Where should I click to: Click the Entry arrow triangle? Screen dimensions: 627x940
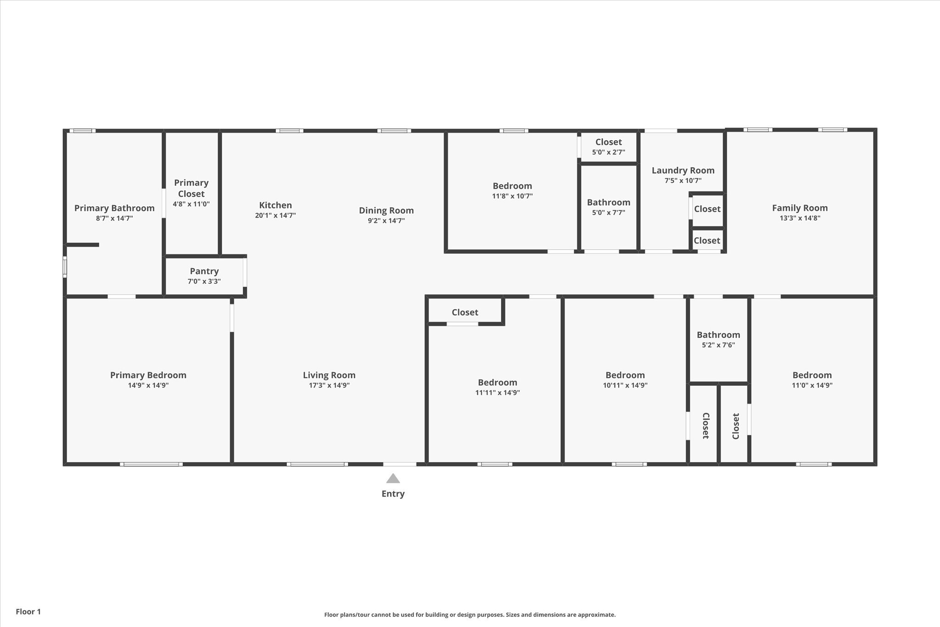pyautogui.click(x=393, y=479)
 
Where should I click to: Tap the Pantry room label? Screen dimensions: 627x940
pyautogui.click(x=204, y=271)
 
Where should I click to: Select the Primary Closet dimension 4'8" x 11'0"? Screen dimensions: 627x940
pyautogui.click(x=191, y=204)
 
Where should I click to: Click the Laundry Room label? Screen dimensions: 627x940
pyautogui.click(x=683, y=170)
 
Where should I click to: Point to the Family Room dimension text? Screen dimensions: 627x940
pyautogui.click(x=800, y=218)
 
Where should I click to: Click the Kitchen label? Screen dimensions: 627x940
pyautogui.click(x=275, y=205)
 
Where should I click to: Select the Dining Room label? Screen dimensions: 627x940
pyautogui.click(x=386, y=210)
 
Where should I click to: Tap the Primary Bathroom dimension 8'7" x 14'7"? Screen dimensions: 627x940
pyautogui.click(x=114, y=218)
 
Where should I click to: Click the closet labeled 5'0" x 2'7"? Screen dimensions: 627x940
pyautogui.click(x=608, y=142)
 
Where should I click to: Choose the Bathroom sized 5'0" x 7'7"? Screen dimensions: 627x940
pyautogui.click(x=608, y=203)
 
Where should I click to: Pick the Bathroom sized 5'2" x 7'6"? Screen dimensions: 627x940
pyautogui.click(x=718, y=335)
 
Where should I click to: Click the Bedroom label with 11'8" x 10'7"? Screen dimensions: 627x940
pyautogui.click(x=512, y=186)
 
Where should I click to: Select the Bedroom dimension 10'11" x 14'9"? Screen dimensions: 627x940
pyautogui.click(x=625, y=385)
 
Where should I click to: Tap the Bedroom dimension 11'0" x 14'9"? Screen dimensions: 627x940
pyautogui.click(x=811, y=385)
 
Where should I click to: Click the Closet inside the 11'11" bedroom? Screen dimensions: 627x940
pyautogui.click(x=464, y=312)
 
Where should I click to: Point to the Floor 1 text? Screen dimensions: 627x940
pyautogui.click(x=28, y=611)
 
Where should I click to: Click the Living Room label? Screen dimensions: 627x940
pyautogui.click(x=329, y=375)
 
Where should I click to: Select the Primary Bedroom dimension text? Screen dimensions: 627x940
pyautogui.click(x=148, y=385)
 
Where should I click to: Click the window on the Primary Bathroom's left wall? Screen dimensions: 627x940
pyautogui.click(x=65, y=267)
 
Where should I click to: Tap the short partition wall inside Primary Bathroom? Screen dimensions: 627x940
pyautogui.click(x=83, y=245)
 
